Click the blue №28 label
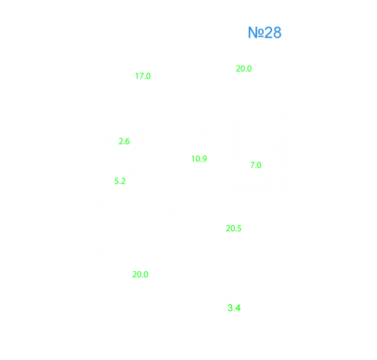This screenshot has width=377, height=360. tap(264, 33)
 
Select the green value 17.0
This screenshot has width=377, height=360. tap(143, 76)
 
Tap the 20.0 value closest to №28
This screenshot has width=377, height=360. tap(244, 69)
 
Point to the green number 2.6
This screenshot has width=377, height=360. tap(125, 142)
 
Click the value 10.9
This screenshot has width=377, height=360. tap(199, 159)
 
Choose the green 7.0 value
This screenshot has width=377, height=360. tap(256, 165)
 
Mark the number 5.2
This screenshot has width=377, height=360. tap(120, 181)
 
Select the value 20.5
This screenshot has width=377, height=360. tap(233, 228)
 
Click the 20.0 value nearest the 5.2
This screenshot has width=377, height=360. tap(140, 275)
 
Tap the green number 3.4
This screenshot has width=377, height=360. tap(234, 308)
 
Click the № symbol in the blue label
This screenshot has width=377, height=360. tap(256, 33)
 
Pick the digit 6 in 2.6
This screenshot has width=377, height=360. tap(127, 142)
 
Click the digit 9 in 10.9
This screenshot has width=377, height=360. tap(205, 159)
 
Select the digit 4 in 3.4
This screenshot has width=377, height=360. tap(238, 308)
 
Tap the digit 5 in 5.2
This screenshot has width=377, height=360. tap(117, 181)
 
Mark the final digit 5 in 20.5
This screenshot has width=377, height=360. tap(239, 228)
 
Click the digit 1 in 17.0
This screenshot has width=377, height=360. tap(136, 76)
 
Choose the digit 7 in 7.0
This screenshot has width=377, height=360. tap(252, 165)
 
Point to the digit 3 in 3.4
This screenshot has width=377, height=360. tap(230, 308)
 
